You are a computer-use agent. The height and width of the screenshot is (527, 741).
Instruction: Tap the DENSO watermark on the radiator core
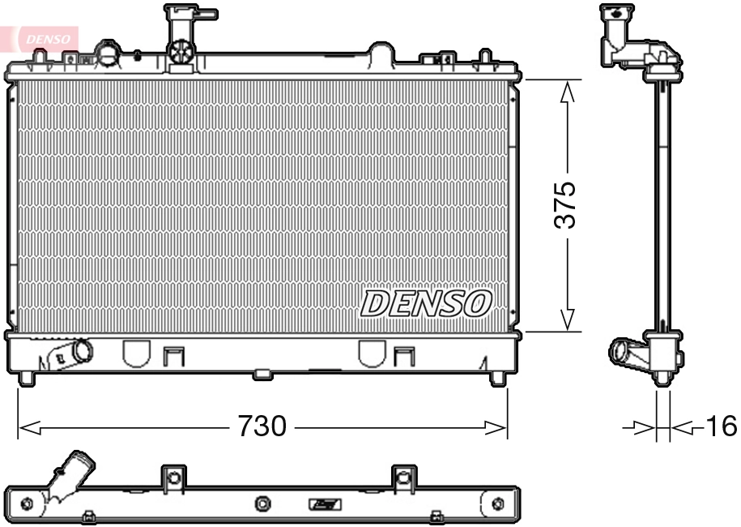tap(426, 303)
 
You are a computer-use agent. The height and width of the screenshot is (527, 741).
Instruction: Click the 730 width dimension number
tap(262, 426)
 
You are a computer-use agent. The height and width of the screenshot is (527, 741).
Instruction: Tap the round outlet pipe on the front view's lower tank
tap(82, 351)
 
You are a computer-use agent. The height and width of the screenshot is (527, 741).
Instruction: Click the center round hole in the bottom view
tap(262, 505)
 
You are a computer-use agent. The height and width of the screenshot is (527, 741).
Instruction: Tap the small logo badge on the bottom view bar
tap(326, 505)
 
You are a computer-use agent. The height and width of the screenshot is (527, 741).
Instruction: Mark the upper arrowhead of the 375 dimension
tap(568, 90)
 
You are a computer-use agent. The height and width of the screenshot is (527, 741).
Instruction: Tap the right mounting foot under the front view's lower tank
tap(497, 378)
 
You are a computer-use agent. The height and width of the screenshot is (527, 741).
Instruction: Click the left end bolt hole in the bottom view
tap(24, 505)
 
